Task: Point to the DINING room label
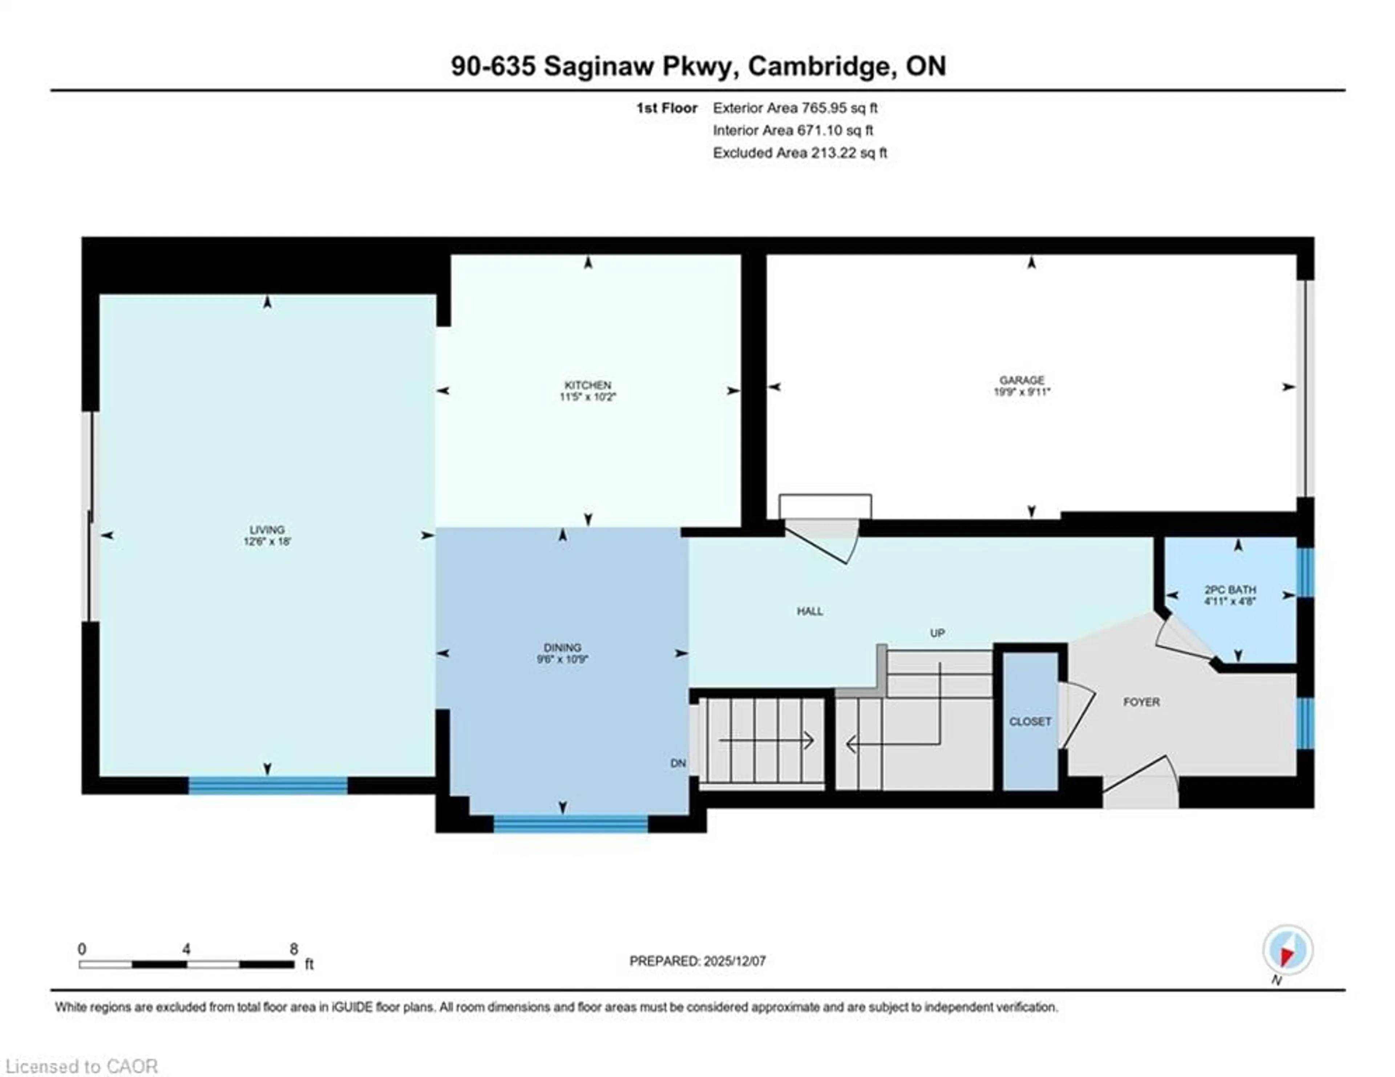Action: (562, 647)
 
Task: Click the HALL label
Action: (809, 611)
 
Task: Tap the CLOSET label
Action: (1030, 721)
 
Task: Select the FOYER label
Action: (1141, 702)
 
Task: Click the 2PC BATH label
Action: (1230, 590)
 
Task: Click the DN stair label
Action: (678, 763)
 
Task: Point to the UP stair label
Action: (937, 633)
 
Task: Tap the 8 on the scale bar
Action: (294, 949)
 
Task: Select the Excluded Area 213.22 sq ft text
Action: (800, 153)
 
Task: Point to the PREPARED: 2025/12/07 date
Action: (697, 961)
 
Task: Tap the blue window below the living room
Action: (268, 785)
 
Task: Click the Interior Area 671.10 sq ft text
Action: (793, 130)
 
